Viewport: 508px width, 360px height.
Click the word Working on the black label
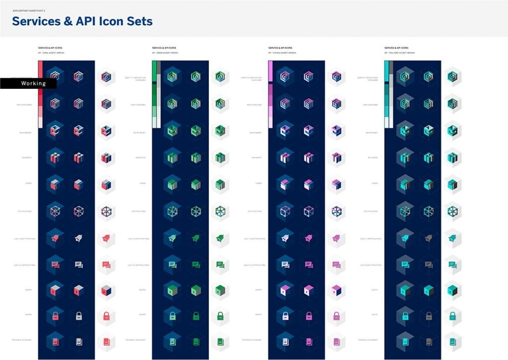(x=33, y=84)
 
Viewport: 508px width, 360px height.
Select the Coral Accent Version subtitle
(x=51, y=53)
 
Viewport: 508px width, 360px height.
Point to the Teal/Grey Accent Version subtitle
(x=399, y=53)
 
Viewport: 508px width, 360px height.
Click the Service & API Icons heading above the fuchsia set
(x=280, y=48)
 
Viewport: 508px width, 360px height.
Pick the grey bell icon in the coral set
(x=78, y=238)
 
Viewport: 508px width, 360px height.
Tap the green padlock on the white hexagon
(x=220, y=315)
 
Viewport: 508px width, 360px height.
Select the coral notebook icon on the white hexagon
(x=106, y=342)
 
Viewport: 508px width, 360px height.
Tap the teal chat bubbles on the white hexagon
(x=452, y=264)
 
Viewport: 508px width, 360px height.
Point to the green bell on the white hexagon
(x=220, y=238)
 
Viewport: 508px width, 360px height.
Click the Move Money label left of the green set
(x=139, y=132)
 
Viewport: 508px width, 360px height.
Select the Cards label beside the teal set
(x=374, y=183)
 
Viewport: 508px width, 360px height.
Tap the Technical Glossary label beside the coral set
(x=22, y=340)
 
